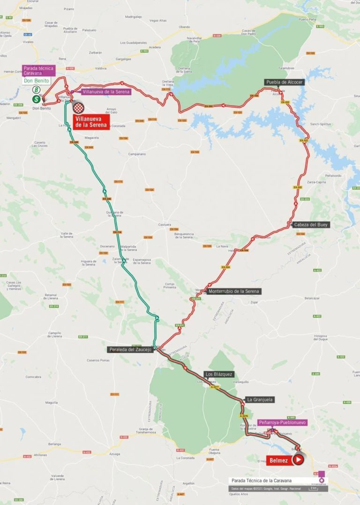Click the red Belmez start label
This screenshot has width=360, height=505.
pyautogui.click(x=278, y=460)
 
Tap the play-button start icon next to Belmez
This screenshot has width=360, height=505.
pyautogui.click(x=298, y=460)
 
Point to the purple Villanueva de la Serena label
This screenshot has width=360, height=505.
pyautogui.click(x=106, y=92)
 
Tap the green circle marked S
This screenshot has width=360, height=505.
pyautogui.click(x=36, y=99)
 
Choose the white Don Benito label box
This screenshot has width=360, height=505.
pyautogui.click(x=36, y=81)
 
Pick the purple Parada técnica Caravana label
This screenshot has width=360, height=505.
pyautogui.click(x=39, y=70)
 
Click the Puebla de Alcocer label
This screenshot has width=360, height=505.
pyautogui.click(x=285, y=82)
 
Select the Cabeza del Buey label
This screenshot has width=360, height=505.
pyautogui.click(x=312, y=225)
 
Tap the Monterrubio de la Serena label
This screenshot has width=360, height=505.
pyautogui.click(x=234, y=291)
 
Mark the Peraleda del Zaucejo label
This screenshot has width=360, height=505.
pyautogui.click(x=130, y=349)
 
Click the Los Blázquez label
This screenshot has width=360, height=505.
pyautogui.click(x=218, y=374)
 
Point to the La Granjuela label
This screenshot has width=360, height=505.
pyautogui.click(x=260, y=400)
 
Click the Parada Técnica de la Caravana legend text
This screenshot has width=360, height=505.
pyautogui.click(x=261, y=481)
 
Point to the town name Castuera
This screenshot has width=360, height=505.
pyautogui.click(x=165, y=225)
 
